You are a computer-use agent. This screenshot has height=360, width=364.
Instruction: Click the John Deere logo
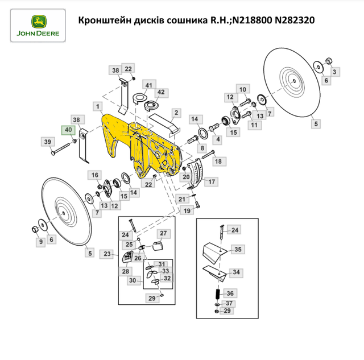[x=38, y=26]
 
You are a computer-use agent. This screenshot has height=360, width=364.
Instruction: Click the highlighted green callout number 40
[x=68, y=130]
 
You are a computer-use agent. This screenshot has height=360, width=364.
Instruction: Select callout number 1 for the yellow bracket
[x=98, y=106]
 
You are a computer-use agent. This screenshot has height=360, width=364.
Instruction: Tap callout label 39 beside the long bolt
[x=48, y=142]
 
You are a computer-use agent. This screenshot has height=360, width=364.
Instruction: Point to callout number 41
[x=149, y=85]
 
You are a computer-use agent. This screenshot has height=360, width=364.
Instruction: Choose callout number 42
[x=161, y=92]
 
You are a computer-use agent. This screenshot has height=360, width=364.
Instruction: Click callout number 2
[x=176, y=113]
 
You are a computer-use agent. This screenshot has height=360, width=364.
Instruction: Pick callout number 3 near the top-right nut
[x=334, y=72]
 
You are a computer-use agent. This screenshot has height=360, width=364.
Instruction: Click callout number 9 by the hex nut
[x=41, y=242]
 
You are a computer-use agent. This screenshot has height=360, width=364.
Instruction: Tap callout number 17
[x=212, y=182]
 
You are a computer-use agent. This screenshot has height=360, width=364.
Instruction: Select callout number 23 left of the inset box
[x=107, y=254]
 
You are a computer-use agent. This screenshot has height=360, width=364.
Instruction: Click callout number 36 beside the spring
[x=230, y=293]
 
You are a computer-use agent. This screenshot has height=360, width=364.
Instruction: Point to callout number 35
[x=238, y=250]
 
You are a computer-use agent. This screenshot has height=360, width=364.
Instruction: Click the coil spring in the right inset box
[x=218, y=295]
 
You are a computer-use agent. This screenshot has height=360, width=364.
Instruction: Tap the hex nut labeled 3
[x=329, y=61]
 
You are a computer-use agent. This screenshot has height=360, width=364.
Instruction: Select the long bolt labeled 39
[x=60, y=149]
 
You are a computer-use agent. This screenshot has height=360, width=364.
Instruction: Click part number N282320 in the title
[x=295, y=20]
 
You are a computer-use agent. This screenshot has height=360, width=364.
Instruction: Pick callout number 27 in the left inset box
[x=163, y=234]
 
